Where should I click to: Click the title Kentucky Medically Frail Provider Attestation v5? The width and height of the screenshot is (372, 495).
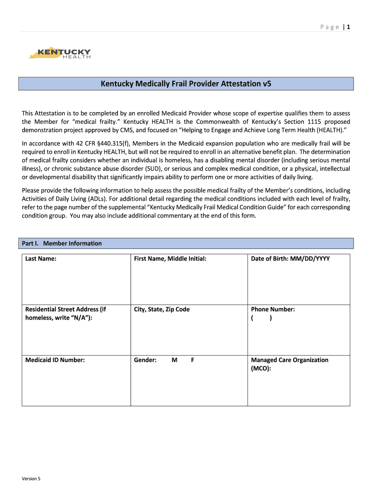click(x=186, y=84)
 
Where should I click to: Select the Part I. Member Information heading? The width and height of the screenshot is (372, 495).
click(x=62, y=243)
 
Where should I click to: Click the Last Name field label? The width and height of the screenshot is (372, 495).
click(x=41, y=259)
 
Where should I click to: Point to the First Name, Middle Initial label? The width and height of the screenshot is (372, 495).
click(x=170, y=259)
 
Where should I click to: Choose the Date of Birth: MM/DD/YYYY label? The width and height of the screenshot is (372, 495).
click(x=290, y=259)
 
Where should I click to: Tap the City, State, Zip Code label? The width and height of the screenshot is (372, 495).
click(x=162, y=309)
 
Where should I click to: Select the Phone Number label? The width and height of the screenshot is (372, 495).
click(x=273, y=309)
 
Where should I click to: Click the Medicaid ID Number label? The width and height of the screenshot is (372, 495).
click(x=55, y=360)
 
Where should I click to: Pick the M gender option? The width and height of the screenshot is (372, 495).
click(x=174, y=360)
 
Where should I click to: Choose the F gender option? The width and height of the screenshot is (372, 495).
click(x=192, y=360)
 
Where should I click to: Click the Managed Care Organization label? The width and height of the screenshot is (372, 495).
click(x=289, y=360)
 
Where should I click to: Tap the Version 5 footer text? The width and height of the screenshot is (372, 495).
click(x=31, y=479)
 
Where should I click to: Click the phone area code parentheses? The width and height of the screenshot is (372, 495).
click(x=261, y=318)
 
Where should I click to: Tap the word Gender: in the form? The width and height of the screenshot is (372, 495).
click(x=145, y=360)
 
